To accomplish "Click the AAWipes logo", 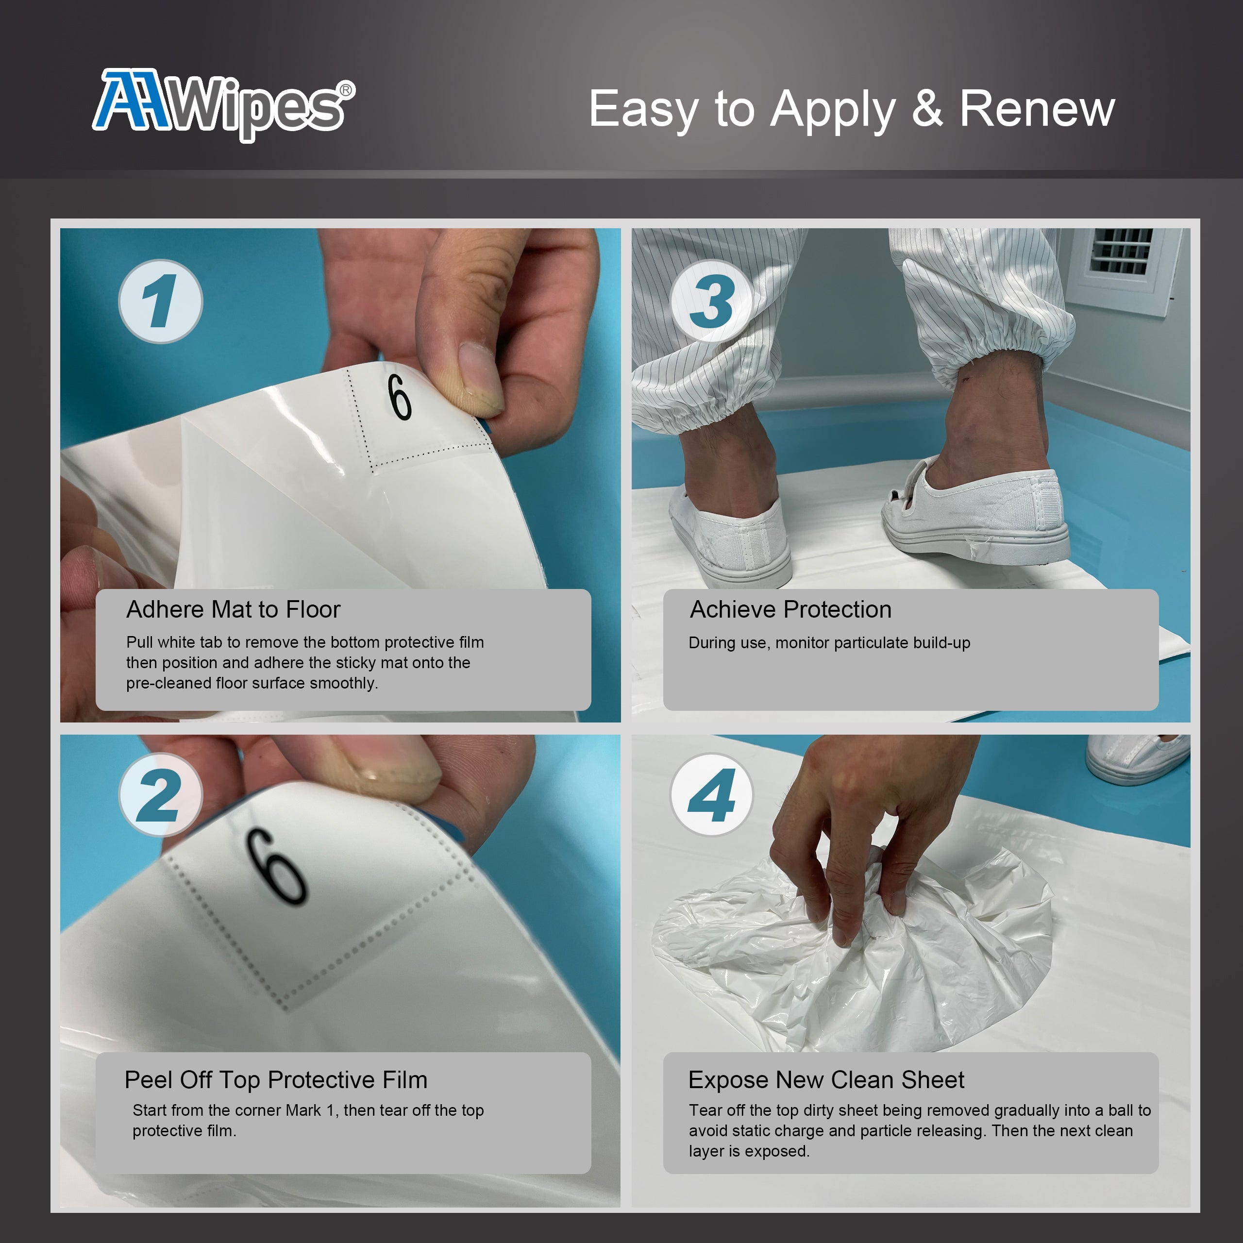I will [222, 104].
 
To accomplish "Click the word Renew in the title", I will [1037, 109].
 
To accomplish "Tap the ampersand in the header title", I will [927, 109].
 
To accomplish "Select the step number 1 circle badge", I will [161, 301].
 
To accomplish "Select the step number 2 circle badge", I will [161, 795].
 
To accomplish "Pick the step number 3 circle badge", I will [712, 301].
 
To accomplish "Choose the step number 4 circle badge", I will [712, 795].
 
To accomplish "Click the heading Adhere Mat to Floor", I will [233, 609].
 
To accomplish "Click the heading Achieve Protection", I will [790, 609].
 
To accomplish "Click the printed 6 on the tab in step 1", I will [400, 397].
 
